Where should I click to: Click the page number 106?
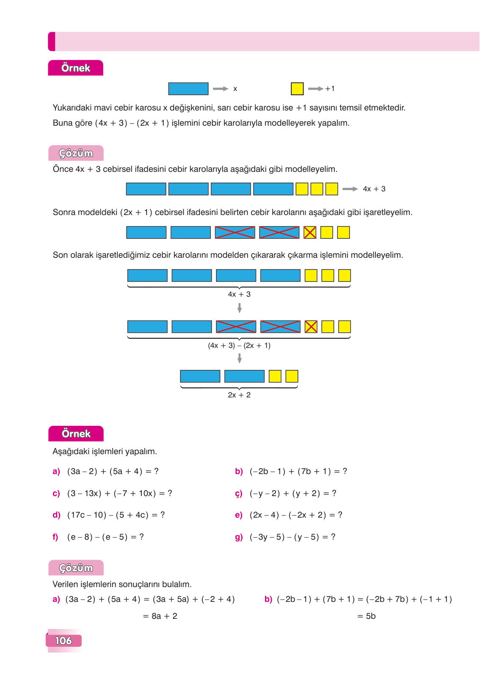[x=63, y=640]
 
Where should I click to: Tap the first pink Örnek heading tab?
[x=76, y=68]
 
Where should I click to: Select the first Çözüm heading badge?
[x=76, y=153]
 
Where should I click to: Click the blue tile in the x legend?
[x=188, y=89]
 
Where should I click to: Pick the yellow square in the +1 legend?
[x=297, y=89]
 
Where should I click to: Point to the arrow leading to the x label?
[x=221, y=89]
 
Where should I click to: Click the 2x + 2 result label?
[x=239, y=395]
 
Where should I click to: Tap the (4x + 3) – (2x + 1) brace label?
[x=239, y=345]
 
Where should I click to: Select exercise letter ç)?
[x=239, y=494]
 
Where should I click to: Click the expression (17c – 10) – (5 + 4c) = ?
[x=116, y=515]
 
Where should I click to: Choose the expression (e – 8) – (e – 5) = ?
[x=105, y=537]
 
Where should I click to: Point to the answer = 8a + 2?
[x=160, y=616]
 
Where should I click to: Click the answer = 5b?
[x=366, y=616]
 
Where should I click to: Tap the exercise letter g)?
[x=239, y=537]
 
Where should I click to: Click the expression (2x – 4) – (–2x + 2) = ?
[x=296, y=515]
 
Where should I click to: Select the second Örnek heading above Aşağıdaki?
[x=76, y=434]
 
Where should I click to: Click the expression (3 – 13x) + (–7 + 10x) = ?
[x=119, y=494]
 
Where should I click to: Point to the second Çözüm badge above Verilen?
[x=76, y=568]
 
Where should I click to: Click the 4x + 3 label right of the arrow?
[x=374, y=189]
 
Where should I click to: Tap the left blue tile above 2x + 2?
[x=200, y=376]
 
